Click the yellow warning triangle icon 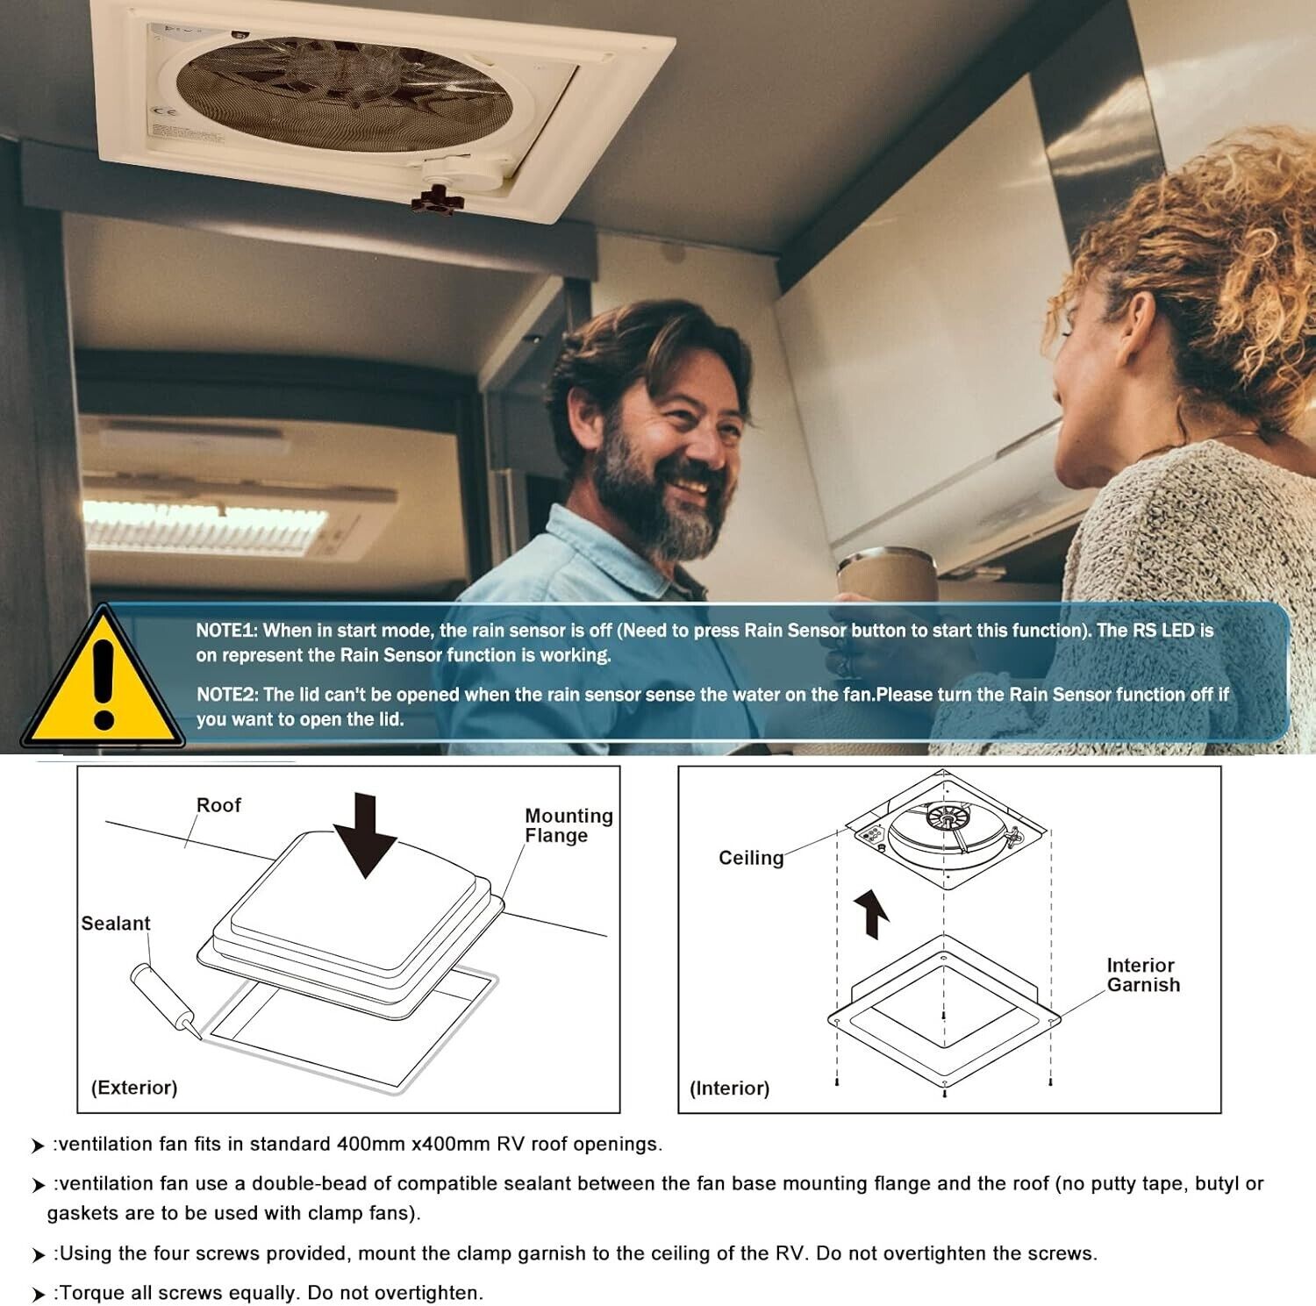tap(103, 680)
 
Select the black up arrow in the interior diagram tap(872, 913)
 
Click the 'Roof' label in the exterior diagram tap(218, 804)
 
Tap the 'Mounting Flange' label tap(569, 825)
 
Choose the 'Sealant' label tap(115, 923)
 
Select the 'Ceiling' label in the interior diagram tap(751, 858)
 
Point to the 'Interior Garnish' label tap(1143, 974)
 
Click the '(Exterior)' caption tap(134, 1088)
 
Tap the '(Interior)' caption tap(729, 1088)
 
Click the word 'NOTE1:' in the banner tap(226, 630)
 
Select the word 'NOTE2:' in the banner tap(228, 695)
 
